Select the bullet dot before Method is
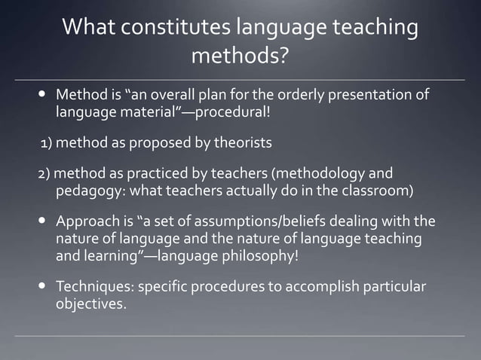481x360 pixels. pyautogui.click(x=42, y=96)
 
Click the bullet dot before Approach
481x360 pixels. pyautogui.click(x=42, y=222)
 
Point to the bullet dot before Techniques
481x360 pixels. pyautogui.click(x=42, y=288)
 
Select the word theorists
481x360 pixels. pyautogui.click(x=239, y=142)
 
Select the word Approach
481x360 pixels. pyautogui.click(x=88, y=222)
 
